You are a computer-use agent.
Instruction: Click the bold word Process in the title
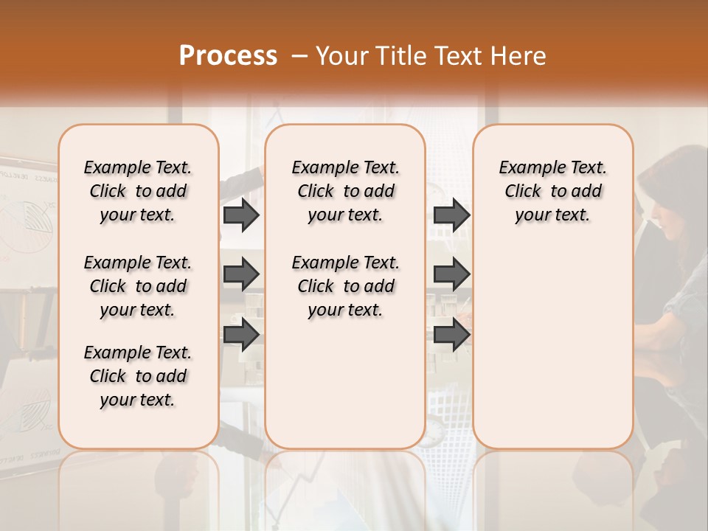point(228,56)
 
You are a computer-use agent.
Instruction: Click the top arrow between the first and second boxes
point(241,215)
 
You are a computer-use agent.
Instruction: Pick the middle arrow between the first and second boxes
point(241,274)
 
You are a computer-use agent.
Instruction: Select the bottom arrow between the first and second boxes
point(241,335)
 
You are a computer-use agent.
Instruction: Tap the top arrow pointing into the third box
point(451,215)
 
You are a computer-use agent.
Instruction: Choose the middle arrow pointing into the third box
point(451,274)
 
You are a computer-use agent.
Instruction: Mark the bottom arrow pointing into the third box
point(451,335)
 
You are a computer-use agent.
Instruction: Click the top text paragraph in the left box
point(138,191)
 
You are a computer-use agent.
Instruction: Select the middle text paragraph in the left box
point(138,286)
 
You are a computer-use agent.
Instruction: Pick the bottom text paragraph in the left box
point(138,376)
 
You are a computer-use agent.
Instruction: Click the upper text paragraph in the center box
point(345,191)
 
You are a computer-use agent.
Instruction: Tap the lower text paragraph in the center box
point(345,286)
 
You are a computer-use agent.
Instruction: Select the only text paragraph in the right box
point(552,191)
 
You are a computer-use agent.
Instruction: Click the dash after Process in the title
point(299,56)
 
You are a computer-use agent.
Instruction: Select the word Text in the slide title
point(457,56)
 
